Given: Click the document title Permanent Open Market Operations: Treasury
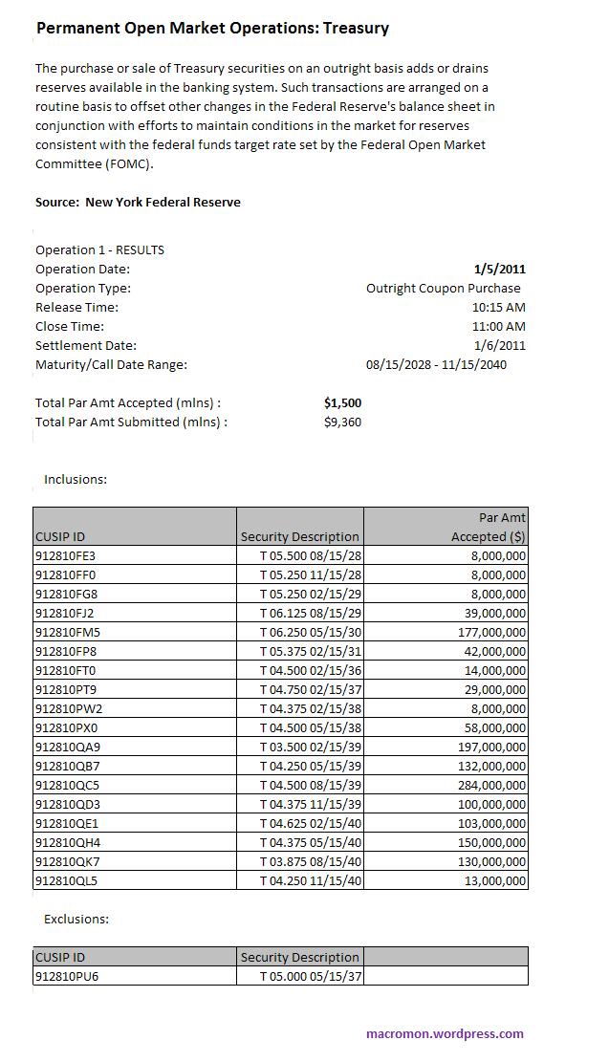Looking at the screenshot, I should tap(212, 29).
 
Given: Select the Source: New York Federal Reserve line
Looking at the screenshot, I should tap(138, 202).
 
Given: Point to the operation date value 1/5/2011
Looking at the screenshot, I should tap(499, 269).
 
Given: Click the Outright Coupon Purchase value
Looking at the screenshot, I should tap(444, 288).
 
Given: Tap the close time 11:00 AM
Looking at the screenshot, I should tap(498, 326).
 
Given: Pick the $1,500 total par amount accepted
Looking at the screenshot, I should tap(342, 402).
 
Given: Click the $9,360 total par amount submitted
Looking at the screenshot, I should tap(342, 422).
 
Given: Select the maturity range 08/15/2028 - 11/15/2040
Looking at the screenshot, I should tap(436, 364).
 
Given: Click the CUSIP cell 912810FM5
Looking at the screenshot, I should tap(67, 632).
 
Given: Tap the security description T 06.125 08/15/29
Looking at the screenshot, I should tap(311, 613).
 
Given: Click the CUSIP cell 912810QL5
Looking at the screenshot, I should tap(66, 880).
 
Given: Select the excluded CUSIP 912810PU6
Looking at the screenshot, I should tap(66, 976).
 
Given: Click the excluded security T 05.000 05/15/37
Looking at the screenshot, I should tap(311, 976).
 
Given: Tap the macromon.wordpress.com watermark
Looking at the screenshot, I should tap(445, 1033).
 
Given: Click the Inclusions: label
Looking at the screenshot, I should tap(76, 479).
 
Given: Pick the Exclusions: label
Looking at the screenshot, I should tap(76, 919).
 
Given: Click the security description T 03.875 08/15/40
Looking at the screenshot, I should tap(311, 861).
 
